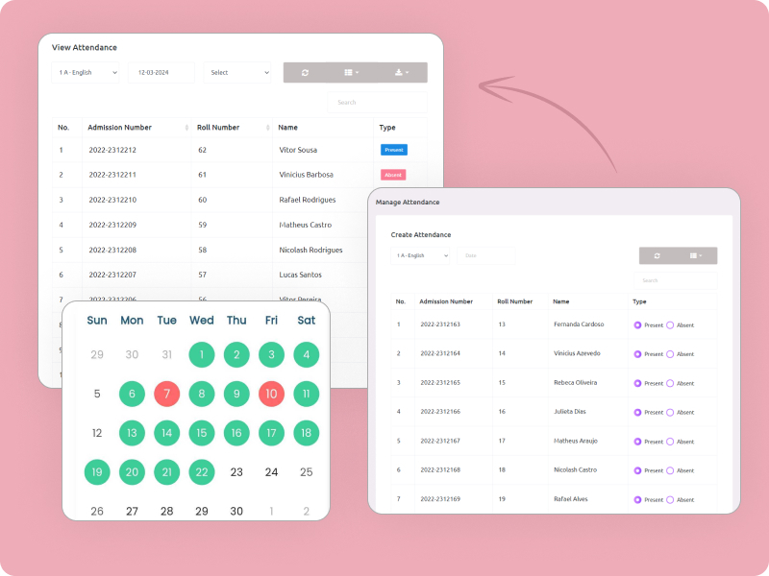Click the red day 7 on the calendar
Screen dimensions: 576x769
166,394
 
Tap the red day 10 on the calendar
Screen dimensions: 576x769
271,394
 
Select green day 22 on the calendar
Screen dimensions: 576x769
201,471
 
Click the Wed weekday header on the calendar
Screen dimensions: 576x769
201,320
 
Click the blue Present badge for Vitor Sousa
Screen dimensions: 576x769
394,150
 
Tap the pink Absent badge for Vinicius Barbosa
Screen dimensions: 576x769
393,175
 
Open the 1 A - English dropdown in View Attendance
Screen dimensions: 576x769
87,72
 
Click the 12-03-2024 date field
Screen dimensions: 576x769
161,72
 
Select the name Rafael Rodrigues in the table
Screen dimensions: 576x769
308,200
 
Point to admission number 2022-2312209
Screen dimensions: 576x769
112,225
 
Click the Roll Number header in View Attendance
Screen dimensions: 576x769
218,127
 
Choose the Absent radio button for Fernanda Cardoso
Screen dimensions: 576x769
670,324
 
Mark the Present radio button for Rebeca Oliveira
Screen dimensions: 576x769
637,383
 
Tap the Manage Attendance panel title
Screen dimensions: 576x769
408,203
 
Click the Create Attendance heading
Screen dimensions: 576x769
420,234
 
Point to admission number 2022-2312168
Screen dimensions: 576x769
440,470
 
